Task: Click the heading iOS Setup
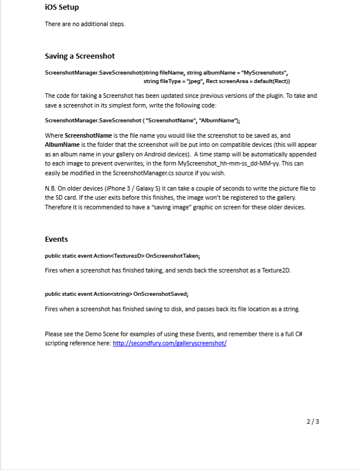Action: click(x=62, y=7)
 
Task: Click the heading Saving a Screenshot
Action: click(x=80, y=56)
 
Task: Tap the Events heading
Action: click(x=56, y=240)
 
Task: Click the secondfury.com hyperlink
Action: click(x=169, y=344)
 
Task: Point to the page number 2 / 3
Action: click(x=313, y=422)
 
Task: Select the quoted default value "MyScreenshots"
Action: click(x=264, y=73)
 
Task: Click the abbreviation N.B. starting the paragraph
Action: click(x=51, y=188)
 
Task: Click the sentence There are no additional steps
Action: click(x=85, y=24)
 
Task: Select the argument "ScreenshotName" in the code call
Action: click(x=172, y=121)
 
